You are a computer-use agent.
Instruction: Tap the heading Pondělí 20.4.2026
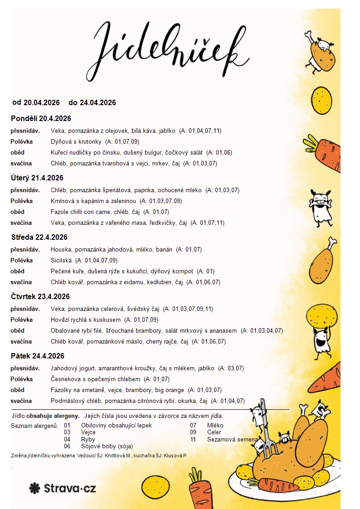pyautogui.click(x=41, y=119)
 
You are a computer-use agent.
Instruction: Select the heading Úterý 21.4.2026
pyautogui.click(x=37, y=178)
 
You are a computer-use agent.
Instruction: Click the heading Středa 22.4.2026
pyautogui.click(x=39, y=237)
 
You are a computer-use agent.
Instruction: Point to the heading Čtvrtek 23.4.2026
pyautogui.click(x=40, y=296)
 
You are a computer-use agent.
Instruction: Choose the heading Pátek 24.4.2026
pyautogui.click(x=38, y=356)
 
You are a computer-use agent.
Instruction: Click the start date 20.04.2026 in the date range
pyautogui.click(x=42, y=102)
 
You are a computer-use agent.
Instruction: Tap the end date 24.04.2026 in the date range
pyautogui.click(x=97, y=102)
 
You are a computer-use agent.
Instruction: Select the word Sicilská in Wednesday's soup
pyautogui.click(x=61, y=261)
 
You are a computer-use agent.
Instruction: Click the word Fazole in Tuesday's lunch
pyautogui.click(x=60, y=212)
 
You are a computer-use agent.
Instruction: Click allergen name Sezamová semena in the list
pyautogui.click(x=232, y=439)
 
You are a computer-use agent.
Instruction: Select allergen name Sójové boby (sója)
pyautogui.click(x=107, y=446)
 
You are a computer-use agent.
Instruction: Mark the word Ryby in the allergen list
pyautogui.click(x=88, y=439)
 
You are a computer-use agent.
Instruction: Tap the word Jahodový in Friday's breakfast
pyautogui.click(x=65, y=368)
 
